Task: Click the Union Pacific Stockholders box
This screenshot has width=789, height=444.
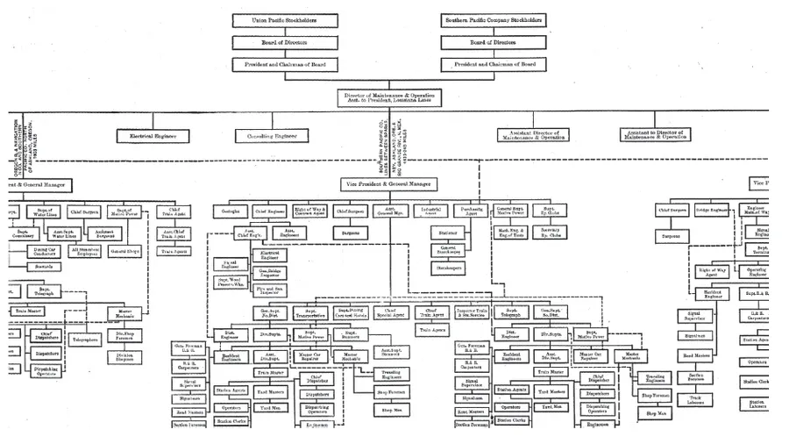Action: (285, 20)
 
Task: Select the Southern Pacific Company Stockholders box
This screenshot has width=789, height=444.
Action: (493, 20)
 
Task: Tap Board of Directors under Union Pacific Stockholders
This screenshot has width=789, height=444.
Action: (285, 42)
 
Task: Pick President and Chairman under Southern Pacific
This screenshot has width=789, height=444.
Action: (493, 65)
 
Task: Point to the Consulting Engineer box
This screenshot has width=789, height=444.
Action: (272, 136)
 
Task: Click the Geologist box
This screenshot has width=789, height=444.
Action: (230, 211)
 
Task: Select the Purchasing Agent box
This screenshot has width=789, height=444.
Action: (473, 211)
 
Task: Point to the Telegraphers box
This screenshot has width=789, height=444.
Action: (85, 339)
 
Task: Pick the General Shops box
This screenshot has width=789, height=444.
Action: (125, 252)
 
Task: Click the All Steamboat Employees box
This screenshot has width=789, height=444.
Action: (85, 252)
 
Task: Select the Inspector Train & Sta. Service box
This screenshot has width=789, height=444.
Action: (472, 312)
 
